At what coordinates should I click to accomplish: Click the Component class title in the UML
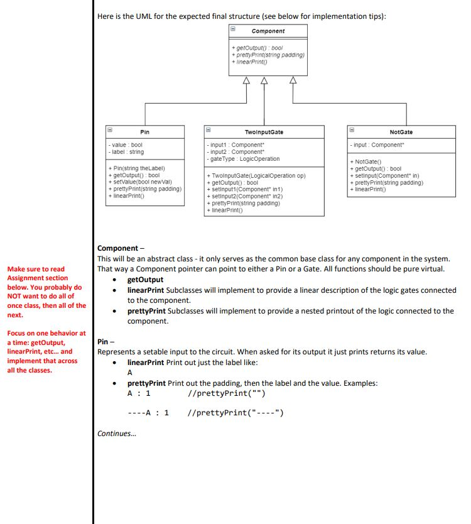[268, 31]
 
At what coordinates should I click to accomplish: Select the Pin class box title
[144, 132]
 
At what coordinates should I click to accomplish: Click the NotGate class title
[401, 132]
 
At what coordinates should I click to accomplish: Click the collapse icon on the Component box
[232, 29]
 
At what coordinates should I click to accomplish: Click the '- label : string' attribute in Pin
[126, 152]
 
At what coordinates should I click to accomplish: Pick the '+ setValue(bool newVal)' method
[139, 182]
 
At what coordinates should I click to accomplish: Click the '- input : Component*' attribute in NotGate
[376, 145]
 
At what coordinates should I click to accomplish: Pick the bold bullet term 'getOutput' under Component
[145, 280]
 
